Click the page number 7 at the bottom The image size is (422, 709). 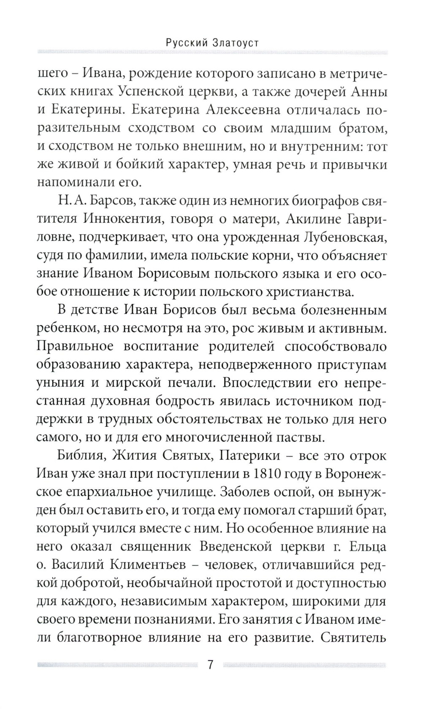[211, 665]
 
